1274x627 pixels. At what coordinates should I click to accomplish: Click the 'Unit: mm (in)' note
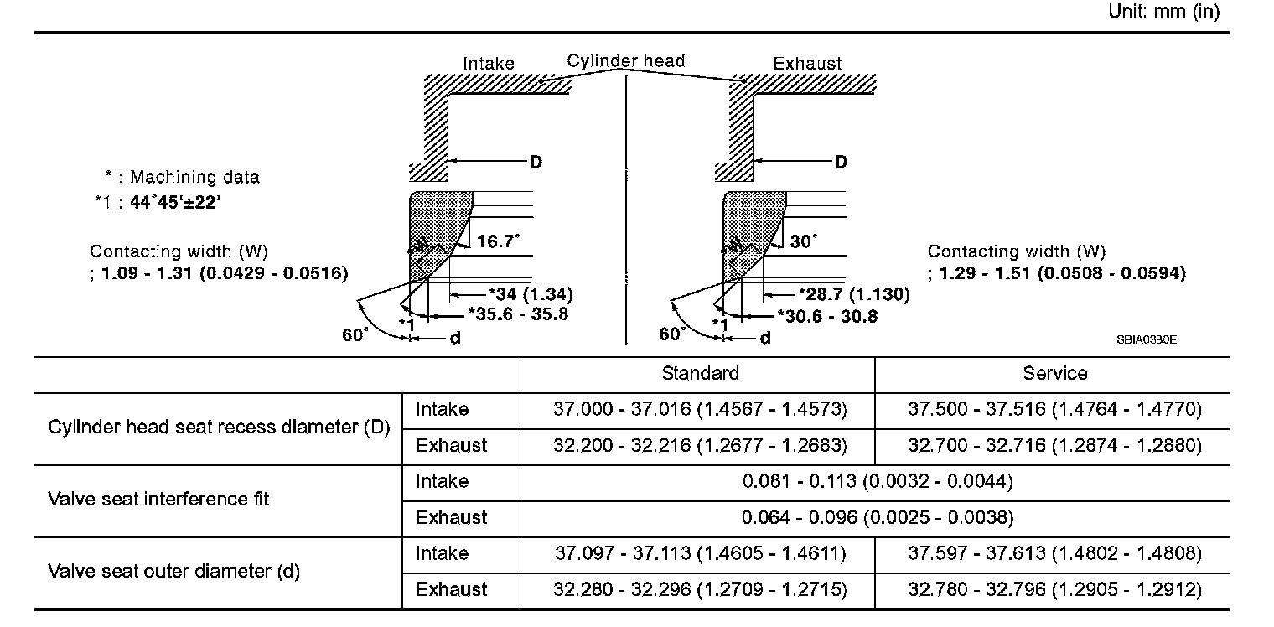(x=1163, y=12)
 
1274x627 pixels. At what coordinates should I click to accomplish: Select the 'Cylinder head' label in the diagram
(x=625, y=61)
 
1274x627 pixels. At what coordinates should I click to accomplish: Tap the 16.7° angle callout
(x=498, y=241)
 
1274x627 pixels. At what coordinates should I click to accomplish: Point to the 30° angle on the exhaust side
(x=802, y=241)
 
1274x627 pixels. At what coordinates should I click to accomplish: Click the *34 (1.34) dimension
(x=531, y=294)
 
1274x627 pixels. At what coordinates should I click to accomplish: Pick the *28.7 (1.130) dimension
(x=853, y=294)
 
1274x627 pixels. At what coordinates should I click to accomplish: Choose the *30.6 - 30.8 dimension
(x=827, y=315)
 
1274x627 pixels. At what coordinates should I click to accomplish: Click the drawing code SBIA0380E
(x=1147, y=339)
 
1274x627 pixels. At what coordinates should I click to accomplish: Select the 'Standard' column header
(x=700, y=374)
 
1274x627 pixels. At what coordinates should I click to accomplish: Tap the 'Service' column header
(x=1054, y=374)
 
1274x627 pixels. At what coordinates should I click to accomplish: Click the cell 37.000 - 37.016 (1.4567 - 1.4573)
(x=700, y=410)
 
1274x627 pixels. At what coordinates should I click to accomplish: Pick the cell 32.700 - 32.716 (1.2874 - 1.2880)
(x=1054, y=446)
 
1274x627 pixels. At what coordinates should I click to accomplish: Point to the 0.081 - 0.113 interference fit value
(x=877, y=482)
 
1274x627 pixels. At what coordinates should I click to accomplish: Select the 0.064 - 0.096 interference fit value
(x=877, y=518)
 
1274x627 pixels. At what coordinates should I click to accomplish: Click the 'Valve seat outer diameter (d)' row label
(x=173, y=572)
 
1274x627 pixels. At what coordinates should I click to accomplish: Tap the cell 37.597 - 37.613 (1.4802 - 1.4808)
(x=1054, y=554)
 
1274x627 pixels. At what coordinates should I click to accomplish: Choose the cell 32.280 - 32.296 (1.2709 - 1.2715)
(x=700, y=590)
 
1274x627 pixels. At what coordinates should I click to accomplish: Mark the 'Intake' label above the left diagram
(x=489, y=64)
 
